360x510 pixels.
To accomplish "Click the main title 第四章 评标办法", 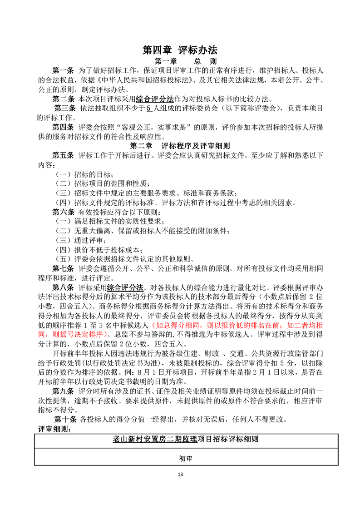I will click(180, 50).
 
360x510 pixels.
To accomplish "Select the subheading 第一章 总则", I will click(179, 61).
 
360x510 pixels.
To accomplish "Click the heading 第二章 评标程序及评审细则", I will click(180, 146).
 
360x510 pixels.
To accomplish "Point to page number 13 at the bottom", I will click(180, 475).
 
